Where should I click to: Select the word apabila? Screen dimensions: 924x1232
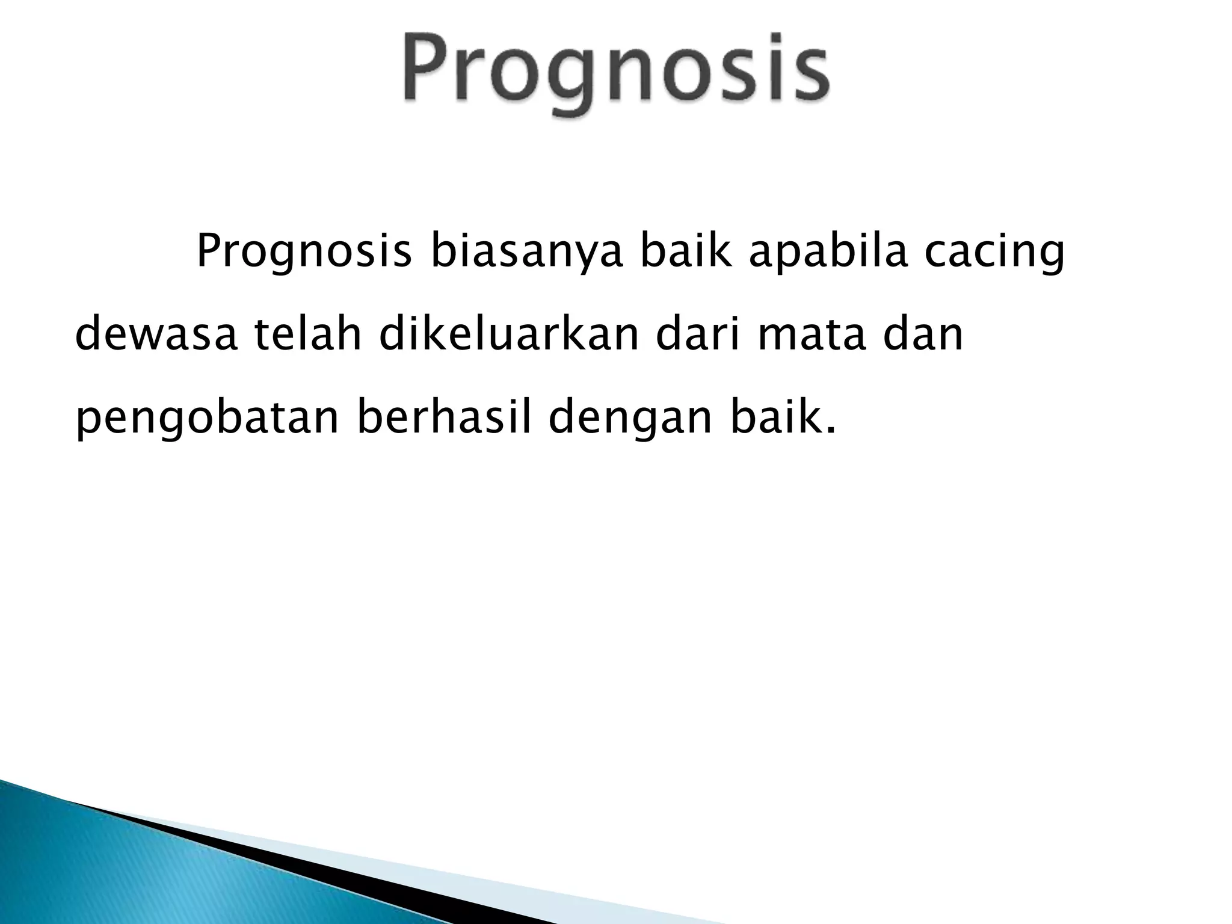click(828, 252)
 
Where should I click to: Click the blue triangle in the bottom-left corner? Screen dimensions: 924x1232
click(90, 866)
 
